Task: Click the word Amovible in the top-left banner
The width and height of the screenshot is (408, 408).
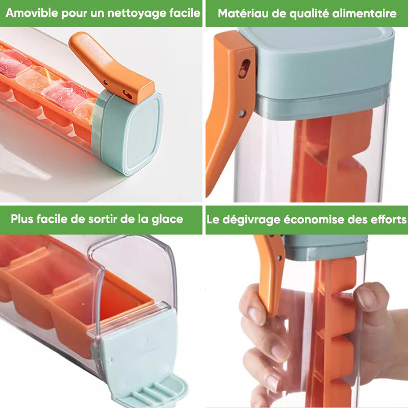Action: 32,13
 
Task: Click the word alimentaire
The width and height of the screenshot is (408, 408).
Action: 364,13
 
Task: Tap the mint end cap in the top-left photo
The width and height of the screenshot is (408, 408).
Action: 133,133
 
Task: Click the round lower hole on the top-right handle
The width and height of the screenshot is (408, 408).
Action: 242,113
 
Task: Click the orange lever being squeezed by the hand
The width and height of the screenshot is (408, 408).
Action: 271,273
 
